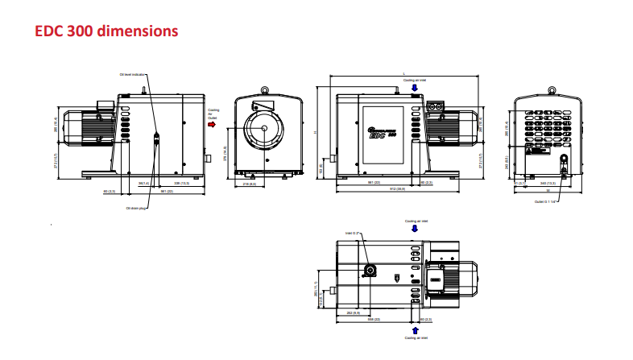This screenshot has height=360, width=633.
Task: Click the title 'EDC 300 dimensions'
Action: (x=105, y=31)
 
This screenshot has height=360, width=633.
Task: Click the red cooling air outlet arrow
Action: (x=212, y=125)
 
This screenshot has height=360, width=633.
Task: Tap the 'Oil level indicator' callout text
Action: (x=130, y=75)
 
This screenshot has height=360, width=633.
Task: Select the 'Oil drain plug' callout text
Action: (x=136, y=208)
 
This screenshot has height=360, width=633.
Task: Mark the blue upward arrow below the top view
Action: (x=416, y=329)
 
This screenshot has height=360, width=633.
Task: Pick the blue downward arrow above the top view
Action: (x=415, y=228)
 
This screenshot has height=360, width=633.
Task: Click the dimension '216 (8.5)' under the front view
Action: (x=250, y=184)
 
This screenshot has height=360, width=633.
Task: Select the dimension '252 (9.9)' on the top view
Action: (x=352, y=312)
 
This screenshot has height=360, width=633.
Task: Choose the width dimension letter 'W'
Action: (x=547, y=190)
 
